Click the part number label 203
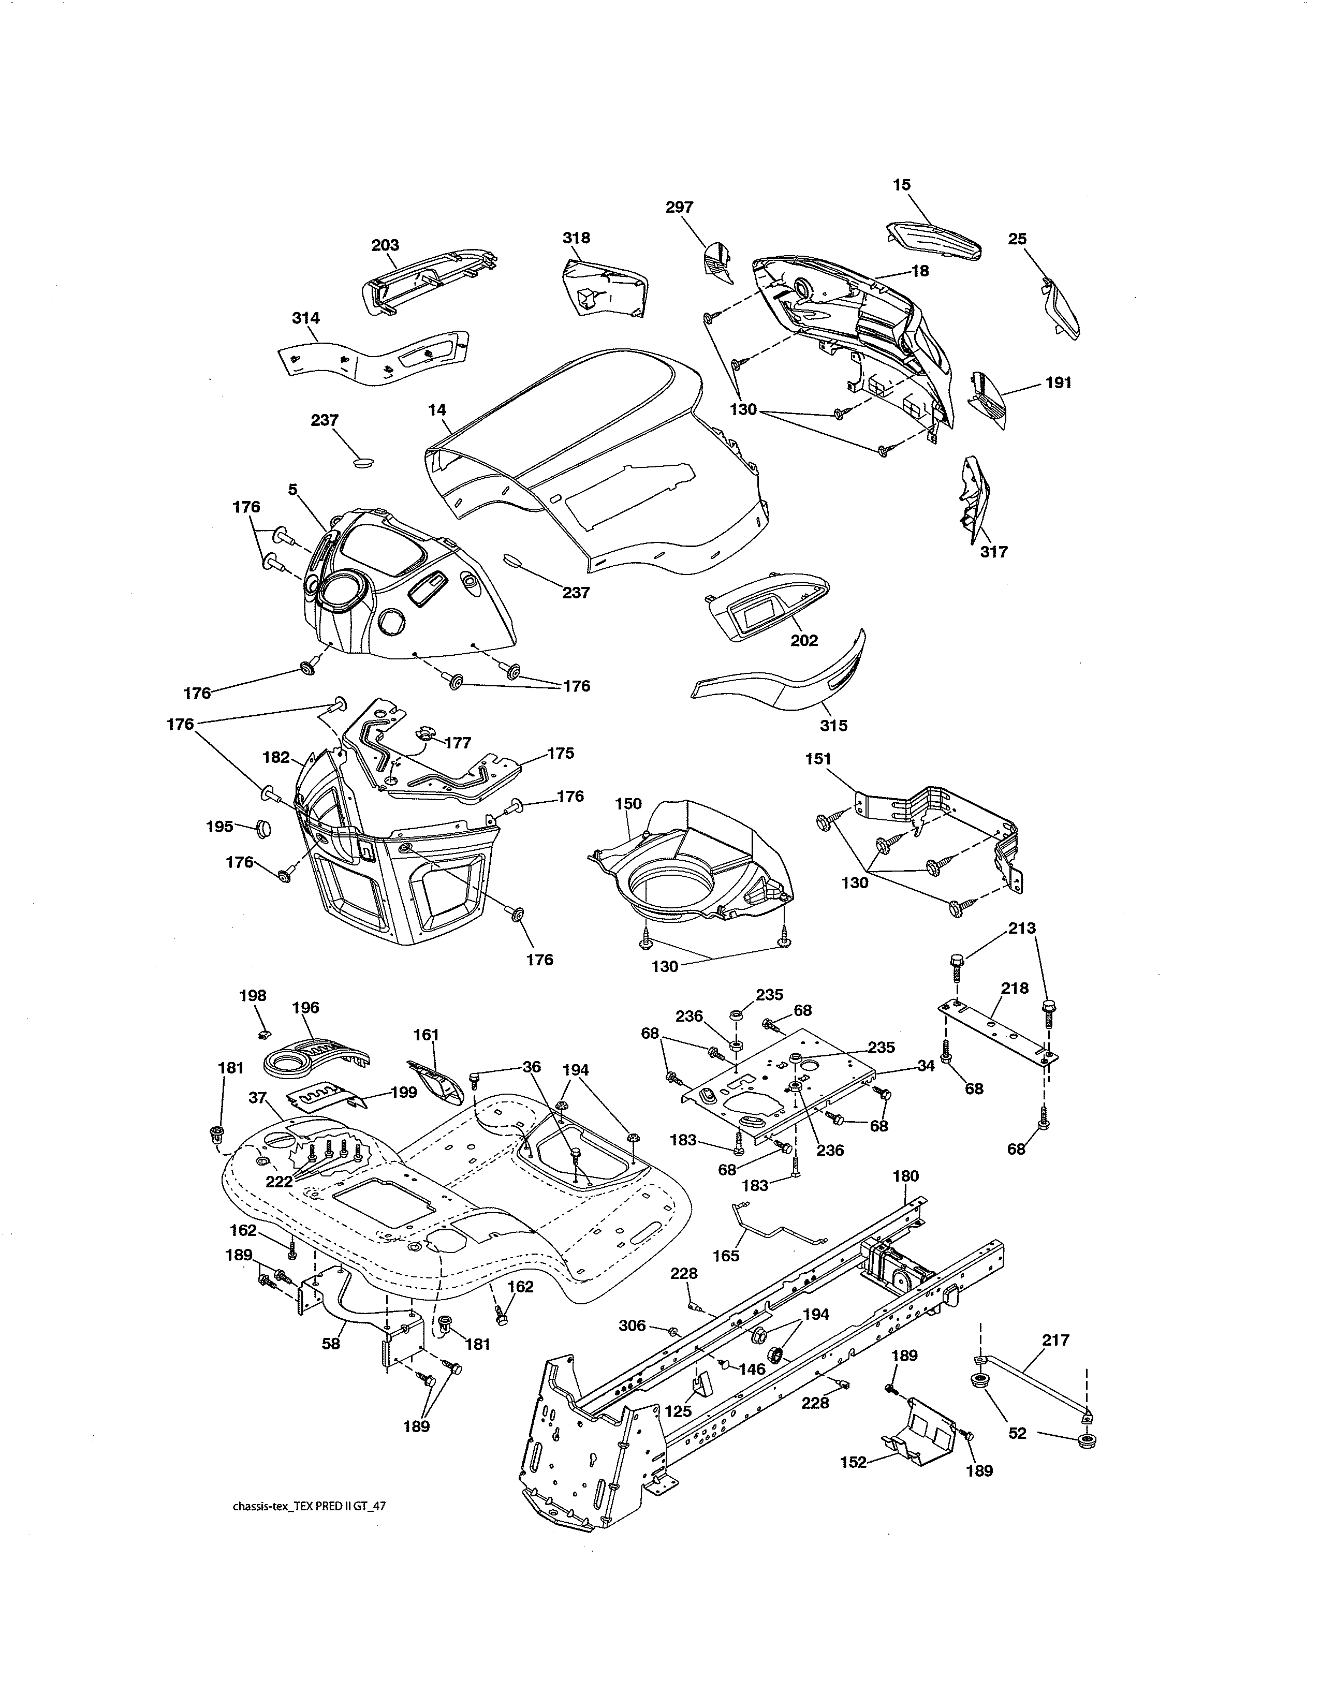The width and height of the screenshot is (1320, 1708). point(385,245)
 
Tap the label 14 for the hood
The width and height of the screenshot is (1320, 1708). point(437,409)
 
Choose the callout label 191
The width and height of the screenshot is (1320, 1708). point(1058,382)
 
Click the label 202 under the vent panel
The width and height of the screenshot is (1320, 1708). point(804,641)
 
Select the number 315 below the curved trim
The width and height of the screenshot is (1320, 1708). point(833,725)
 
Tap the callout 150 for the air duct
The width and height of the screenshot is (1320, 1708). point(628,803)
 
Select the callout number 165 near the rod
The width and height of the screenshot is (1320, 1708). point(726,1256)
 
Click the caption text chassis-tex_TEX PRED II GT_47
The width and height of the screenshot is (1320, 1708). point(309,1529)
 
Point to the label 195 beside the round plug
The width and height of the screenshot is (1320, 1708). point(219,826)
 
